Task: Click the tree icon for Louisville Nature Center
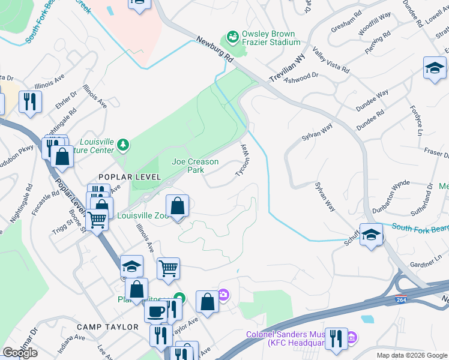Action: click(x=123, y=144)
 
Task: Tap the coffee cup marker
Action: click(x=156, y=311)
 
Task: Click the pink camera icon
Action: click(x=223, y=294)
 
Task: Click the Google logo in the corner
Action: click(x=20, y=353)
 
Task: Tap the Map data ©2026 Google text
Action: click(x=412, y=355)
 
